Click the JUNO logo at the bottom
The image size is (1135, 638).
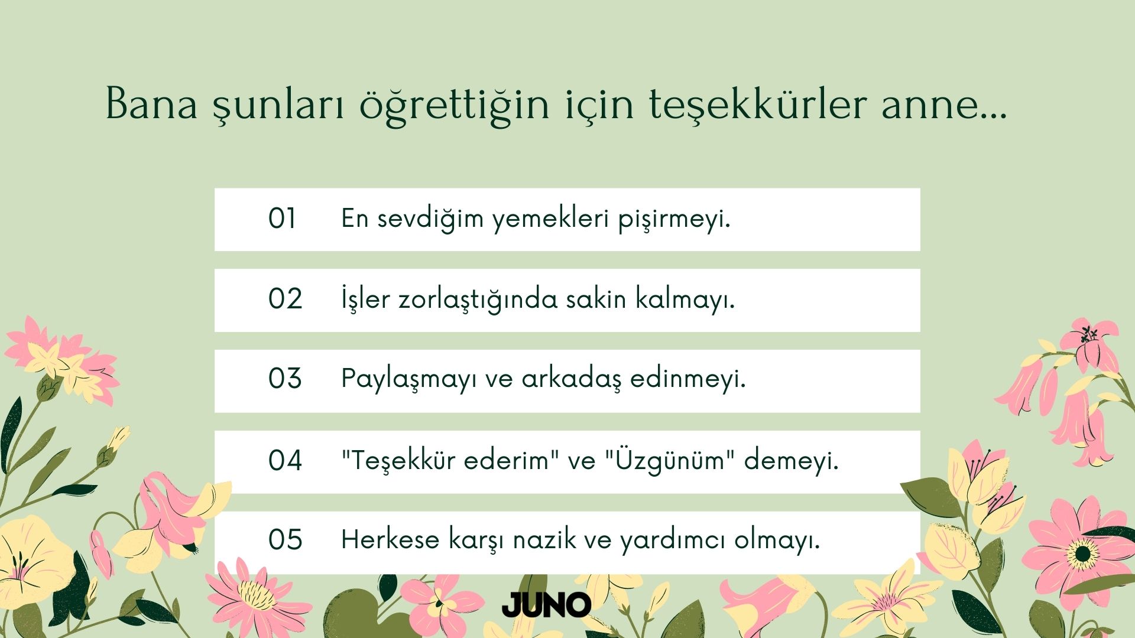(546, 604)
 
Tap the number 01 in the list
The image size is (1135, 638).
(282, 219)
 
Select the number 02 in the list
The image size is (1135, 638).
(285, 299)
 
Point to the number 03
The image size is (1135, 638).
(285, 379)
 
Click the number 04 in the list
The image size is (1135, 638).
(285, 460)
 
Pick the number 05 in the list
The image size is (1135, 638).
(285, 540)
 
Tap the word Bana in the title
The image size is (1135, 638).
(151, 104)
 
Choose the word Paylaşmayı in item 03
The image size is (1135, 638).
(409, 379)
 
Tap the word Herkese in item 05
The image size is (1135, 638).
(390, 540)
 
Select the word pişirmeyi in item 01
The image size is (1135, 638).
(674, 219)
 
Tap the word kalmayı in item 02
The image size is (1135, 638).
(685, 300)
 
